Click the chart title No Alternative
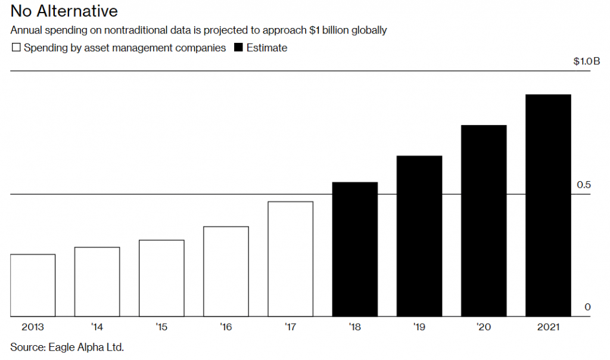pyautogui.click(x=64, y=11)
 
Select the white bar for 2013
pyautogui.click(x=33, y=285)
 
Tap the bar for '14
pyautogui.click(x=97, y=281)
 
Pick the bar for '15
pyautogui.click(x=161, y=278)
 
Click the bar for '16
pyautogui.click(x=226, y=271)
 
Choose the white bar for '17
pyautogui.click(x=291, y=259)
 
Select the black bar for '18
pyautogui.click(x=355, y=249)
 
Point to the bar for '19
pyautogui.click(x=419, y=236)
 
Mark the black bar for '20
pyautogui.click(x=484, y=221)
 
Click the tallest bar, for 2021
pyautogui.click(x=548, y=205)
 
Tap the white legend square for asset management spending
pyautogui.click(x=16, y=48)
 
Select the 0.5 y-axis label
pyautogui.click(x=584, y=185)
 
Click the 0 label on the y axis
pyautogui.click(x=587, y=307)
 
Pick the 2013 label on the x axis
pyautogui.click(x=33, y=327)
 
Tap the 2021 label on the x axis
pyautogui.click(x=548, y=327)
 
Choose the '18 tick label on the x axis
pyautogui.click(x=354, y=327)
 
